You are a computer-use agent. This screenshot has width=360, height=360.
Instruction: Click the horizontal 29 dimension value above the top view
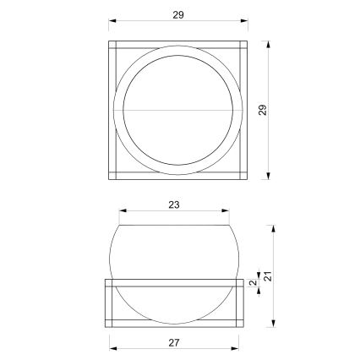177,14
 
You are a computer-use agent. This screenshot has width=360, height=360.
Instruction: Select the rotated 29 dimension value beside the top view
263,109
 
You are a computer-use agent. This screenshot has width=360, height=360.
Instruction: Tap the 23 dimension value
173,205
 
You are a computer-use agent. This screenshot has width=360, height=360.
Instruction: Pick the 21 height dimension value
266,275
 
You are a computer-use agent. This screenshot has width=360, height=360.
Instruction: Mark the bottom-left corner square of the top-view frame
113,176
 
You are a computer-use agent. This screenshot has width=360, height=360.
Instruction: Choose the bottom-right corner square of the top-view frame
243,176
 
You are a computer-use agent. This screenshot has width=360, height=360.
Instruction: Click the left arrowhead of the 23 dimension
123,213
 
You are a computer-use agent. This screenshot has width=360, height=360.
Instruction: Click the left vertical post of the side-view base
108,302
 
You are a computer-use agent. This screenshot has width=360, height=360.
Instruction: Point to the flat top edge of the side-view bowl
174,226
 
